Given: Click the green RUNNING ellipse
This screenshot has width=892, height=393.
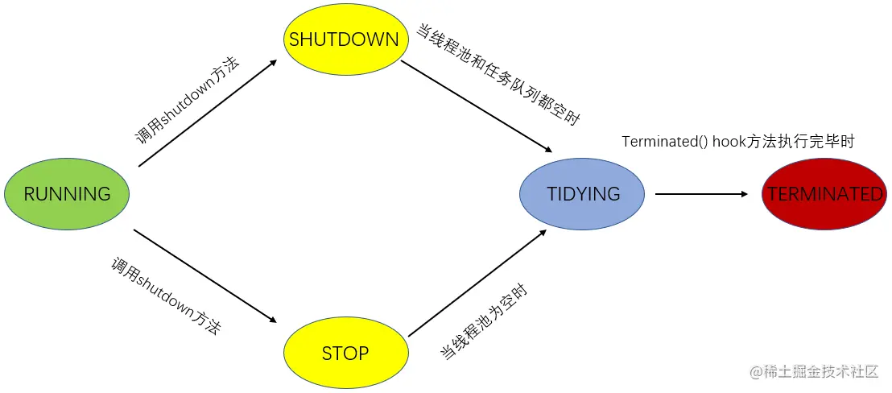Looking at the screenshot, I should coord(67,194).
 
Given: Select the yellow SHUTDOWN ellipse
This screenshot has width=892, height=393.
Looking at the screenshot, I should coord(344,39).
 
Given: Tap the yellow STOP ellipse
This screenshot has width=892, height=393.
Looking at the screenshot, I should coord(345,353).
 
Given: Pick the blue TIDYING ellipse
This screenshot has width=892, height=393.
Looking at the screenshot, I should coord(583,194).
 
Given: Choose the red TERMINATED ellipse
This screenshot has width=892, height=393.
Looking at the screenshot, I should coord(824,194).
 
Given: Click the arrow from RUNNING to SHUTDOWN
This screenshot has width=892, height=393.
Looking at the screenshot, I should coord(208,114).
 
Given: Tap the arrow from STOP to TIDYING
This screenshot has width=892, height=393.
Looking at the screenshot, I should coord(478,282).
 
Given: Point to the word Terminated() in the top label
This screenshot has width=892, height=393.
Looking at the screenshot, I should coord(659,142).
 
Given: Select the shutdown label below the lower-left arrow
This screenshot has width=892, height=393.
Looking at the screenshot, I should coord(166,296).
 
